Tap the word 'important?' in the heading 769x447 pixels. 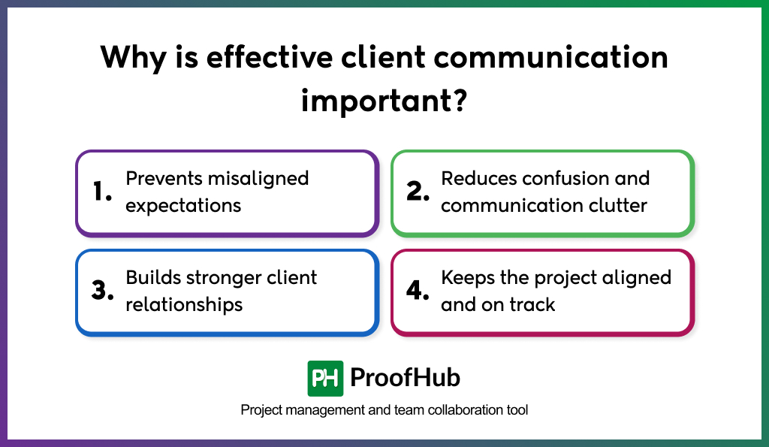[x=384, y=100]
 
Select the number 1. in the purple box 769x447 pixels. [x=102, y=192]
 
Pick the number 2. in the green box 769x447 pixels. [x=418, y=192]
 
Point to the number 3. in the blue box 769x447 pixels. [x=102, y=291]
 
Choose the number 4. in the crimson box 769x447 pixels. [x=418, y=291]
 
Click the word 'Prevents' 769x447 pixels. [x=163, y=179]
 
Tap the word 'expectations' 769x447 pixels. [x=183, y=205]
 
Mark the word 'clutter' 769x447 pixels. [x=618, y=205]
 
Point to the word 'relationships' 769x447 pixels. [x=184, y=304]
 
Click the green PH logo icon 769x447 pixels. [x=325, y=378]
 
